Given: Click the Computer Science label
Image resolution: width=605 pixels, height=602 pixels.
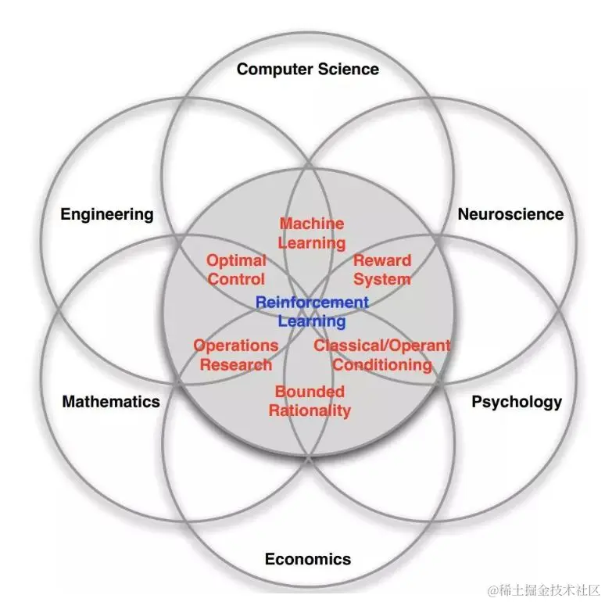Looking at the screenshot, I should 307,69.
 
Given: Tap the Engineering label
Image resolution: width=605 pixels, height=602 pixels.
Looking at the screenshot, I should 107,214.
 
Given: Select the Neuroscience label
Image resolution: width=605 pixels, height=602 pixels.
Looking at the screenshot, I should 510,213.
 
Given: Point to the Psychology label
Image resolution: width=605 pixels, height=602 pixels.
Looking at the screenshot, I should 516,402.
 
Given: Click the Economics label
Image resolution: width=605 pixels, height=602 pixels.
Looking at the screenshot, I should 307,559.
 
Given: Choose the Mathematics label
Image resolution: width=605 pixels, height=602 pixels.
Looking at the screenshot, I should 111,402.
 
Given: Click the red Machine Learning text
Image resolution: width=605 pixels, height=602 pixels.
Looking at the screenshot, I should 312,233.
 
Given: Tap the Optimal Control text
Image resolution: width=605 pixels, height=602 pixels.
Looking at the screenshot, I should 236,270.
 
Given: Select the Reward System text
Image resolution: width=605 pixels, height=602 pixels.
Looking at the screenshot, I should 382,270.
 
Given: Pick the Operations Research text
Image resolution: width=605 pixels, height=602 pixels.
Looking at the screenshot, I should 236,355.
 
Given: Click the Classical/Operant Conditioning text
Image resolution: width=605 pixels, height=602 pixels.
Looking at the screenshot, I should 382,355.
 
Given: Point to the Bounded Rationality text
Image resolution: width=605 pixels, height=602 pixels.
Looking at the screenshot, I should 310,401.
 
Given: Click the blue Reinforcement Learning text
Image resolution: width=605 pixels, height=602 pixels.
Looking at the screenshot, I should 312,311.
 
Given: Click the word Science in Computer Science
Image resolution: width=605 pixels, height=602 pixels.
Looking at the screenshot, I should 349,69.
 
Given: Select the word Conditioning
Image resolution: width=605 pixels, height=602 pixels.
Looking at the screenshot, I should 382,364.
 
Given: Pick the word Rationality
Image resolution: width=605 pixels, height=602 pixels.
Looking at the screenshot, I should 310,410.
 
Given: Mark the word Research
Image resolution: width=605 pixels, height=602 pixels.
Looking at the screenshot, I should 236,364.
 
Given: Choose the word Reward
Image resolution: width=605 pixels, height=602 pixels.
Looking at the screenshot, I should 382,260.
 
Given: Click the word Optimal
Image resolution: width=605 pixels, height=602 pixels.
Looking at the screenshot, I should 236,260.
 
